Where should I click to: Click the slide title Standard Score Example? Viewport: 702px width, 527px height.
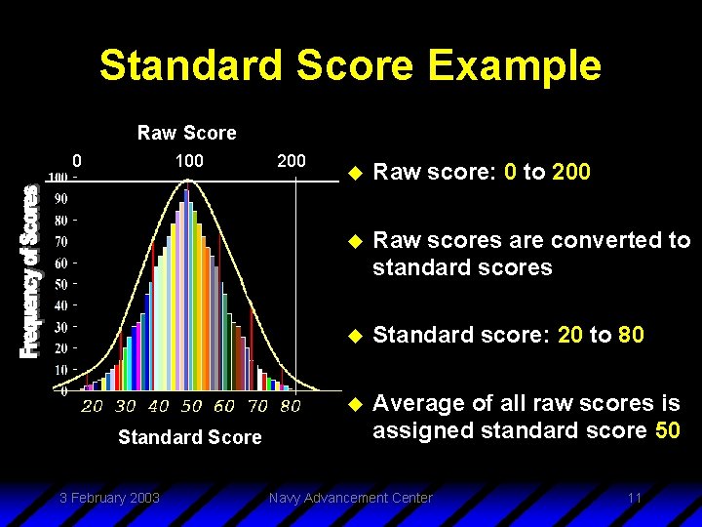point(350,66)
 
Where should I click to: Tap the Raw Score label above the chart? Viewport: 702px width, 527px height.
point(186,133)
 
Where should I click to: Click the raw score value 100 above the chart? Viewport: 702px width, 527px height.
point(188,160)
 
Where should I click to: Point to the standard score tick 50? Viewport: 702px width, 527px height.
point(191,406)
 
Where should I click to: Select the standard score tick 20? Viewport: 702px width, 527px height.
point(92,406)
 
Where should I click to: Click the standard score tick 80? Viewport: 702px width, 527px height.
point(290,406)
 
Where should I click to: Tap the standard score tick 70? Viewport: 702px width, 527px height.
point(256,406)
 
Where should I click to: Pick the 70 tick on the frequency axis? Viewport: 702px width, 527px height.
point(59,241)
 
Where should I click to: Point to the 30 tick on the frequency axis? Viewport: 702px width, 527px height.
point(59,327)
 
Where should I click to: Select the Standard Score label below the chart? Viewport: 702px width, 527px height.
point(189,437)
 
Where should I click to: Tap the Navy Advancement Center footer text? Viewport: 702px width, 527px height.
point(350,498)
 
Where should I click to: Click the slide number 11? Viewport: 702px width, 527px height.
point(634,498)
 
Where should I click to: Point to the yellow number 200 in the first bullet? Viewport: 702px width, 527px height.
point(571,173)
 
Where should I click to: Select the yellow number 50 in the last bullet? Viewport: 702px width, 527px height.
point(667,430)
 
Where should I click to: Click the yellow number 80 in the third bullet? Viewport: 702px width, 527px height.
point(631,335)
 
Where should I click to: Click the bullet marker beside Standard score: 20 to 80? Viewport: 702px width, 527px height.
point(355,336)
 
